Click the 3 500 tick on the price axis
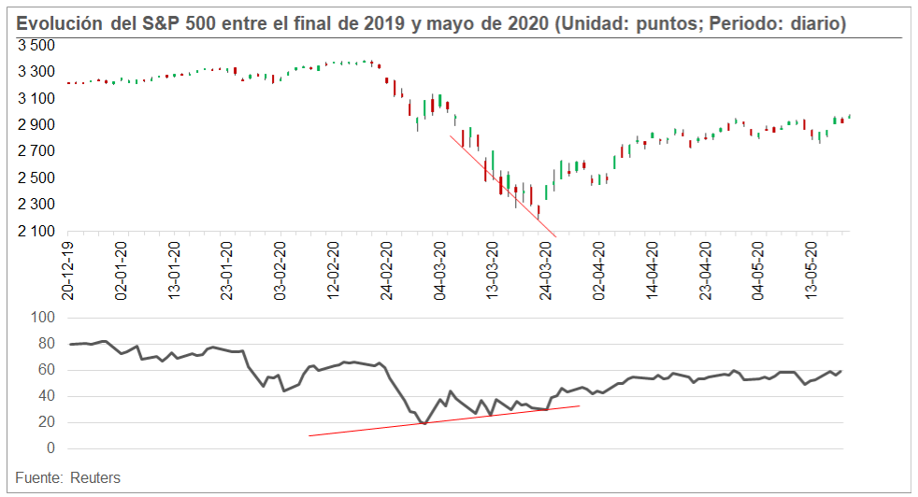(36, 45)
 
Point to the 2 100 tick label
(36, 231)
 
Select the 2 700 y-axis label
(36, 151)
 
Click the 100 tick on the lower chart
(44, 318)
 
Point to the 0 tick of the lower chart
(51, 448)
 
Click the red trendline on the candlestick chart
(503, 187)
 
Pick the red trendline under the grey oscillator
(444, 420)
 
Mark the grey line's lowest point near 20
(425, 423)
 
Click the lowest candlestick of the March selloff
(538, 211)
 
